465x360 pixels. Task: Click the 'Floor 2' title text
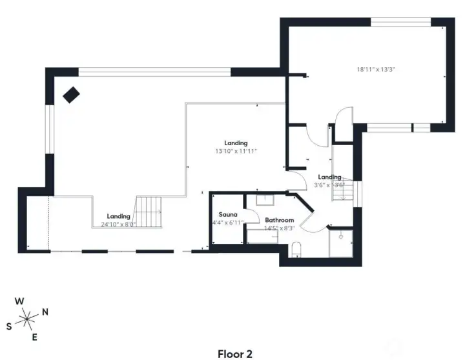pyautogui.click(x=234, y=354)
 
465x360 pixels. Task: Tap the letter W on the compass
pyautogui.click(x=20, y=301)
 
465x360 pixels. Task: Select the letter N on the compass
pyautogui.click(x=45, y=312)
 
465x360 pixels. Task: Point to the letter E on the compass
pyautogui.click(x=35, y=337)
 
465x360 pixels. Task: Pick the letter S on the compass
pyautogui.click(x=9, y=326)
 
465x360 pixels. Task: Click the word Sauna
pyautogui.click(x=228, y=214)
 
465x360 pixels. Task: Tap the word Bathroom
pyautogui.click(x=279, y=220)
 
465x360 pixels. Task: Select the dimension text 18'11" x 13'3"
pyautogui.click(x=377, y=69)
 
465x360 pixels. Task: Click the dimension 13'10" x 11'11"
pyautogui.click(x=236, y=151)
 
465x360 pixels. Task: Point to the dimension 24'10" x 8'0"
pyautogui.click(x=119, y=225)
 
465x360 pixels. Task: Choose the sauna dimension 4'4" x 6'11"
pyautogui.click(x=228, y=223)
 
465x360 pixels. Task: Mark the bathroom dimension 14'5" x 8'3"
pyautogui.click(x=279, y=228)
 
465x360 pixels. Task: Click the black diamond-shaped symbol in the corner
pyautogui.click(x=70, y=94)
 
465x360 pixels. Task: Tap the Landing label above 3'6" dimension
pyautogui.click(x=329, y=177)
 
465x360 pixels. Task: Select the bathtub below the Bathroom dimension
pyautogui.click(x=263, y=237)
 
